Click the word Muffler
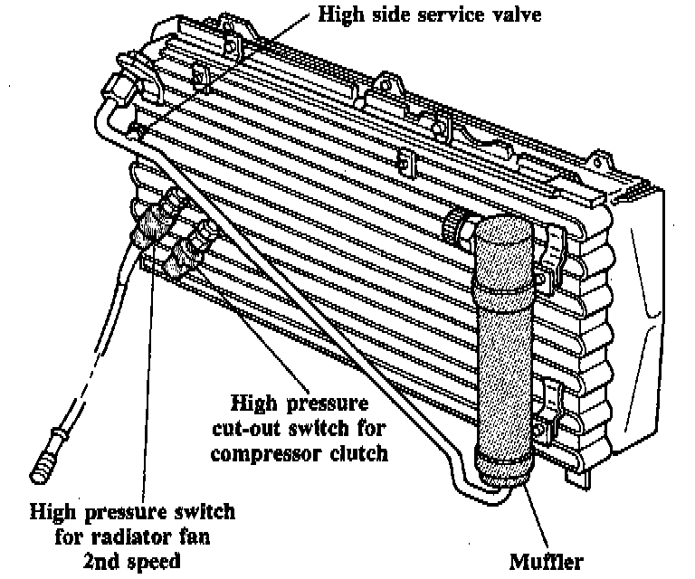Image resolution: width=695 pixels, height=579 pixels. pyautogui.click(x=547, y=561)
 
